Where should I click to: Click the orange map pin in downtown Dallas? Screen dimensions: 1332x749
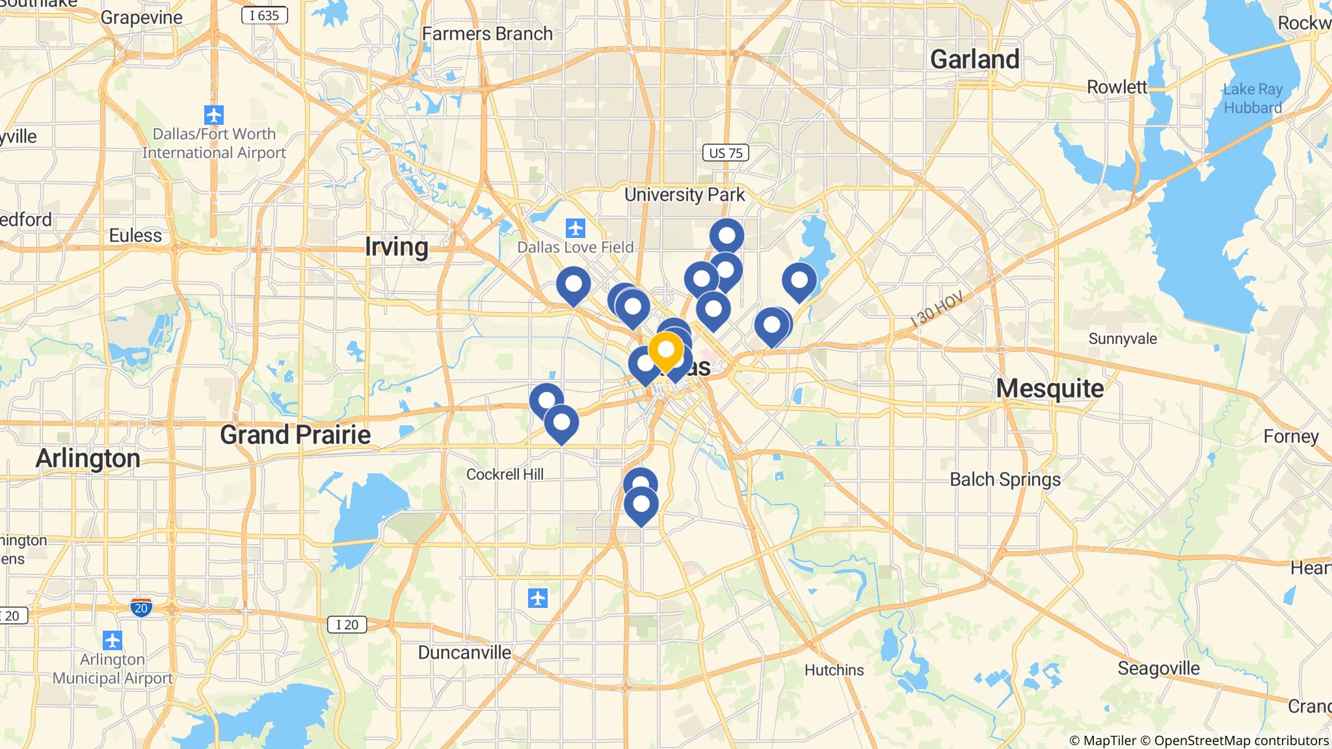pos(665,350)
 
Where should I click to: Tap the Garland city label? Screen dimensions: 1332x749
pos(974,59)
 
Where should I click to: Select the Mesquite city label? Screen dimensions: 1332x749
pos(1050,388)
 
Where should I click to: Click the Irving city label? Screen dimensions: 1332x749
pos(396,247)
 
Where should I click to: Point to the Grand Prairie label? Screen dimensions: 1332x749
pos(295,434)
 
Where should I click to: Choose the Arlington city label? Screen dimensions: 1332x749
pos(88,458)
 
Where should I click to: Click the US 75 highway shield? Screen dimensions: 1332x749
pos(726,153)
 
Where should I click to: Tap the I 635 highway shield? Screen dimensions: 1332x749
pos(264,15)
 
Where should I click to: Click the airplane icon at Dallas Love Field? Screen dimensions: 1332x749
pos(575,229)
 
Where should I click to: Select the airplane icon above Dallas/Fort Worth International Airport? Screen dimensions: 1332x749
pos(213,115)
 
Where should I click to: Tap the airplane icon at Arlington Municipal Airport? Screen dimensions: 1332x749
pos(113,640)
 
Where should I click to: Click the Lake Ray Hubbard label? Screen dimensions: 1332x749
pos(1253,98)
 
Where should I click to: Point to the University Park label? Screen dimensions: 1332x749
pos(684,194)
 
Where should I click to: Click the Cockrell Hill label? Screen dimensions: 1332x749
pos(505,474)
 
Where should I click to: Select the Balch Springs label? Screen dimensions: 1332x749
pos(1005,480)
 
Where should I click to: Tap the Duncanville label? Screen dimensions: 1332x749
pos(464,652)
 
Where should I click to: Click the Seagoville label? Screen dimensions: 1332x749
pos(1158,668)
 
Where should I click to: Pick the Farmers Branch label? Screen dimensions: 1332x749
pos(487,33)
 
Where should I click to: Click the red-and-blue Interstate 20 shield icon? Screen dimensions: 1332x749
pos(141,607)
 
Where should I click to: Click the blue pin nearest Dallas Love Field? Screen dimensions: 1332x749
pos(574,284)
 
